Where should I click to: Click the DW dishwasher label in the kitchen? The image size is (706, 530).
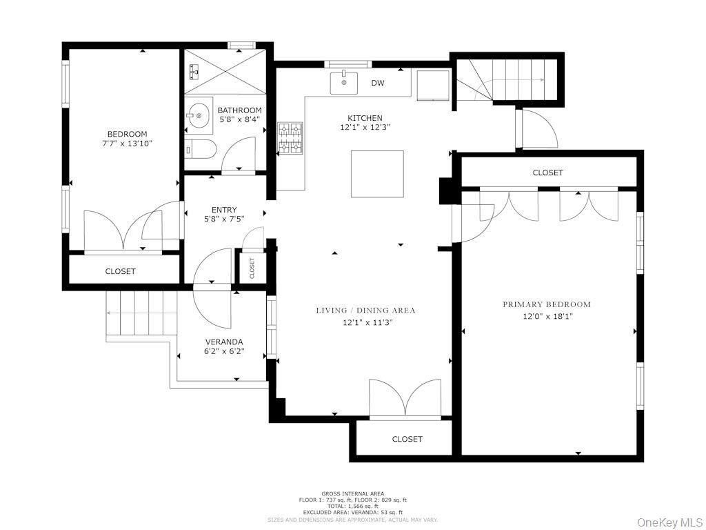point(377,84)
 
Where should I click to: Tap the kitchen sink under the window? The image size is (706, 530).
point(343,83)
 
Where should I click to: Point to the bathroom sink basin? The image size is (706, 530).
point(199,116)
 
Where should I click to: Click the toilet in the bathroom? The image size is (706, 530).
point(200,148)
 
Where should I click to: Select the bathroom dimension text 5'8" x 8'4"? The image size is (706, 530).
point(239,121)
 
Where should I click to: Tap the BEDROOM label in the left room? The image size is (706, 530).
point(127,134)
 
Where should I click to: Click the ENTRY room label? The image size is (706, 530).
point(224,210)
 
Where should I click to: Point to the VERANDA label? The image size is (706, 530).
point(224,342)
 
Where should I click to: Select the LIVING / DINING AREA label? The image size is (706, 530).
point(365,311)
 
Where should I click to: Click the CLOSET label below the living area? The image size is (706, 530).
point(407,439)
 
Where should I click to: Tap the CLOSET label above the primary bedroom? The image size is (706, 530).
point(547,173)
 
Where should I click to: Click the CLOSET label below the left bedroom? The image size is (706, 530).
point(120,271)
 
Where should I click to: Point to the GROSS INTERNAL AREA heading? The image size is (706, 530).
point(352,493)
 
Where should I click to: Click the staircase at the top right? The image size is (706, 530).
point(514,79)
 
